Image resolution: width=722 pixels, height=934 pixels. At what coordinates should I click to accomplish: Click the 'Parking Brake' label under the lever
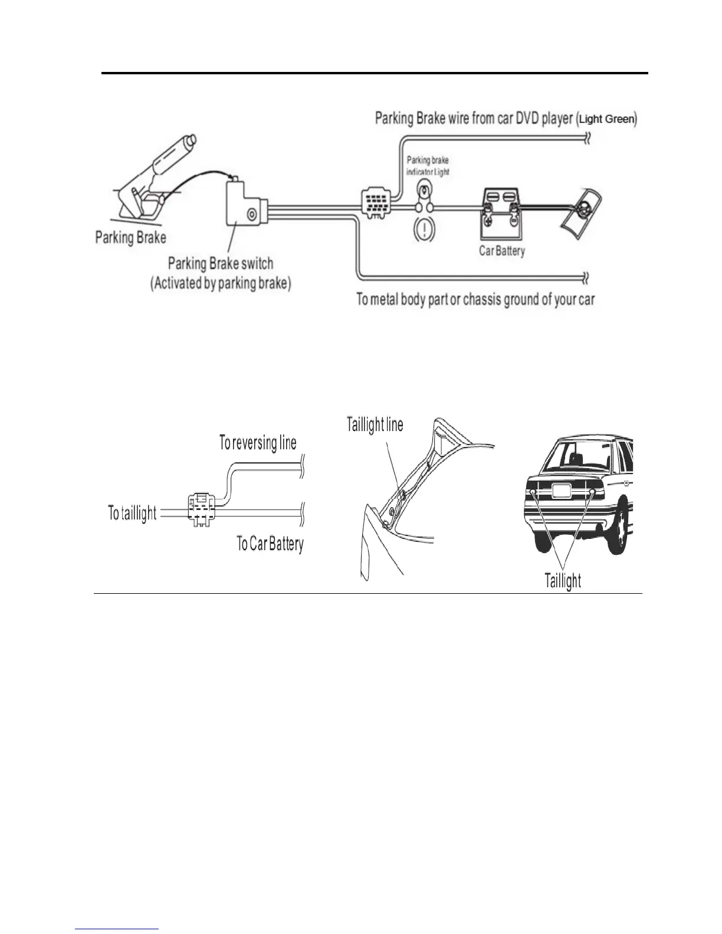click(x=130, y=238)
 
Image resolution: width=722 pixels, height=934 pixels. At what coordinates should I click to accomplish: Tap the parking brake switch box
click(x=243, y=203)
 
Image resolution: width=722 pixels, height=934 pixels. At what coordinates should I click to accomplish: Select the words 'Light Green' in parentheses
click(x=606, y=119)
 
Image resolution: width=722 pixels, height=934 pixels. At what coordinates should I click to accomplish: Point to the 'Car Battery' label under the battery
click(x=501, y=251)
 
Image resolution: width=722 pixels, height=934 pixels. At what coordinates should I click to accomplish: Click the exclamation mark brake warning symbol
click(x=425, y=228)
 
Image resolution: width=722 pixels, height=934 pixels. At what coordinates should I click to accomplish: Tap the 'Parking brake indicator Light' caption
click(x=428, y=166)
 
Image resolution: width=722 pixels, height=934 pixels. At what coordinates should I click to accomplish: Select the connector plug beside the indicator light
click(x=375, y=204)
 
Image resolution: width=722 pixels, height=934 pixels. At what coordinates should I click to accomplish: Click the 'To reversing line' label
click(x=258, y=443)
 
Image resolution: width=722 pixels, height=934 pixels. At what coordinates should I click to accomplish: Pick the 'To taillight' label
click(x=132, y=513)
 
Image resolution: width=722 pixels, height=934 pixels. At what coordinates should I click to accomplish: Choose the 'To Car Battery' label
click(x=270, y=544)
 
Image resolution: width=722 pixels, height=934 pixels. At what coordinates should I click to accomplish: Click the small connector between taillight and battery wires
click(x=202, y=507)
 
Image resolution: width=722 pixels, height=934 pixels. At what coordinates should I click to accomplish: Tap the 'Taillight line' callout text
click(x=375, y=425)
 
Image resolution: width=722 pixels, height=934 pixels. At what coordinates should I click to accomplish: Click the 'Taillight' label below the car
click(x=562, y=581)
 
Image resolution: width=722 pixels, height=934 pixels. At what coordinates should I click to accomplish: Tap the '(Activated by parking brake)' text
click(x=221, y=283)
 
